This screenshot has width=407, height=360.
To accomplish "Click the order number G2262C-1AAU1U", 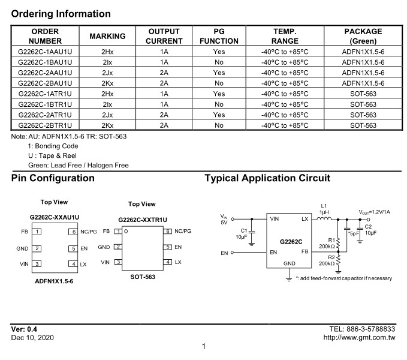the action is (45, 52).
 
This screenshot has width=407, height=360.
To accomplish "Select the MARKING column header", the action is (107, 36).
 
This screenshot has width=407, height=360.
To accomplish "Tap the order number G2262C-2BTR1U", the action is (45, 125).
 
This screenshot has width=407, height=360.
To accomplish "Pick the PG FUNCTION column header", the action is (219, 36).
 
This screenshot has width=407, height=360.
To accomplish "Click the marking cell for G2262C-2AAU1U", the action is (107, 73).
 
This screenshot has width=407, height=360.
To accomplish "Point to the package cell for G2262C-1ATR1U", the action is (363, 94).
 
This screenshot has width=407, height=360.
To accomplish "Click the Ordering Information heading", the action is (61, 14).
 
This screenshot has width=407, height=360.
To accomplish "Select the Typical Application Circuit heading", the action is (267, 178).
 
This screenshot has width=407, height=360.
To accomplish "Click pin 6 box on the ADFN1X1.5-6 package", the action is (73, 232).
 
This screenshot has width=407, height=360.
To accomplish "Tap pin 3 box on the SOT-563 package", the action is (118, 262).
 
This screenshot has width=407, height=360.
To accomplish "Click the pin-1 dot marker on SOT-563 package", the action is (126, 231).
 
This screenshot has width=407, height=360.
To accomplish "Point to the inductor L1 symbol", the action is (324, 219).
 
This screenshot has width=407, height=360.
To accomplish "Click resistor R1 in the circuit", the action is (338, 244).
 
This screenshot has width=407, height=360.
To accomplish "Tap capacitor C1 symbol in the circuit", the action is (252, 232).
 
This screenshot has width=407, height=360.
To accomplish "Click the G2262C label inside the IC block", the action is (291, 242).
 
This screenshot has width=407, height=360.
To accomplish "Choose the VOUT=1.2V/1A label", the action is (374, 212).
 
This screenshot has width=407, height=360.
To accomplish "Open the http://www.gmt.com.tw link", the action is (359, 337).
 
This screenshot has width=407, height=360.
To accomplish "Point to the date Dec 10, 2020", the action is (32, 338).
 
